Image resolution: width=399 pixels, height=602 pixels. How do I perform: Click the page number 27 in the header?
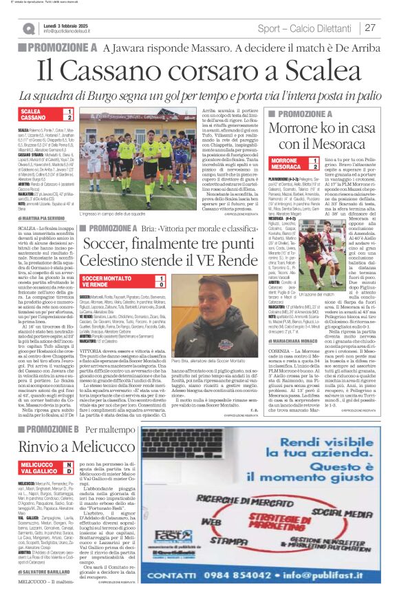point(370,28)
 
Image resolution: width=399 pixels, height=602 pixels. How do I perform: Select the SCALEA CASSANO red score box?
point(46,115)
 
